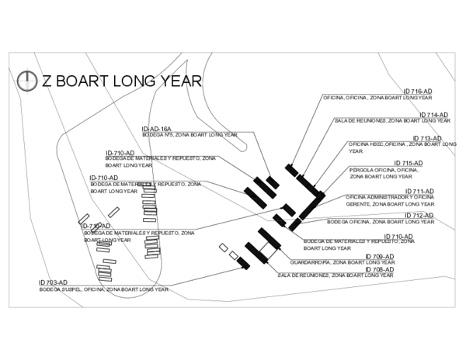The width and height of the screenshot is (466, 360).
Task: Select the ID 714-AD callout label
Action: coord(433,115)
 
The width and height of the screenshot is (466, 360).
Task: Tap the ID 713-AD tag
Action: coord(426,138)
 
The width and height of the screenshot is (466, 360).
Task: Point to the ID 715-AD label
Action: coord(408,163)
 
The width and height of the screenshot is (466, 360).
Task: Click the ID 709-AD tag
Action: coord(379,256)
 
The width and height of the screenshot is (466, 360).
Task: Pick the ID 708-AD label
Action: coord(378,269)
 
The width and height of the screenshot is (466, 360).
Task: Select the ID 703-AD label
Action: coord(54,282)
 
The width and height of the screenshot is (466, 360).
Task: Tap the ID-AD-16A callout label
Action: coord(156,128)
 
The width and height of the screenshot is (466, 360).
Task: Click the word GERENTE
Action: coord(358,203)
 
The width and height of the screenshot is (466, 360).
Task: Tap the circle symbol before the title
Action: coord(28,80)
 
